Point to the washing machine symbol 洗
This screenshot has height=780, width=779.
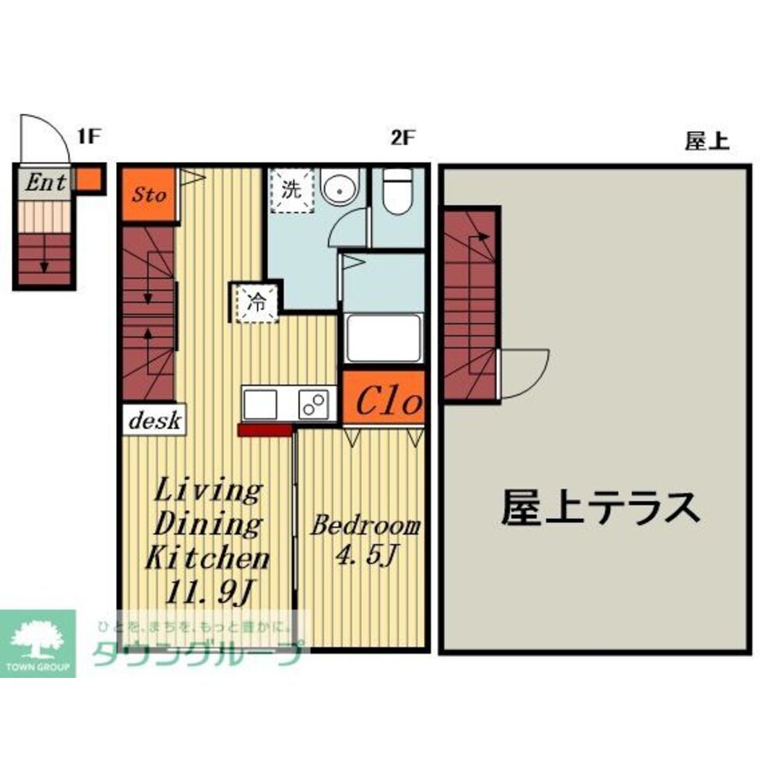coord(290,189)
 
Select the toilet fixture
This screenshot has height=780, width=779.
coord(397,189)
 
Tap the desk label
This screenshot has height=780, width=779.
coord(153,421)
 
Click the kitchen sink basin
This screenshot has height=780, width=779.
coord(260,404)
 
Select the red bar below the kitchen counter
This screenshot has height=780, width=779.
coord(266,429)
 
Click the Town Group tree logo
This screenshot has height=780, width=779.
coord(37,638)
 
